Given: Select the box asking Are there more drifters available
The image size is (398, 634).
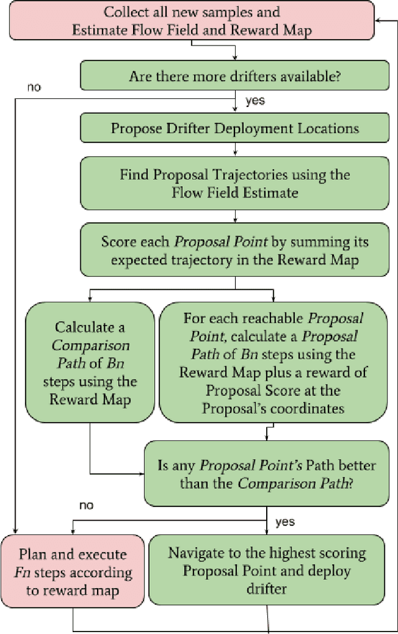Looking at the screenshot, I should (x=234, y=77).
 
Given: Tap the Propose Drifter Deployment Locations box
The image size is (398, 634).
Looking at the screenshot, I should (x=234, y=128).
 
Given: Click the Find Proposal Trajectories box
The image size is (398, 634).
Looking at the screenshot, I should (x=234, y=184).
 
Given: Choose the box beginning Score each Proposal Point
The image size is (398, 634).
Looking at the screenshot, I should (x=234, y=251).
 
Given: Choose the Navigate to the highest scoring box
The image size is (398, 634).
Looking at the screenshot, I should (x=266, y=570).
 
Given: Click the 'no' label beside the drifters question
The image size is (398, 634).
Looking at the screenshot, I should (x=34, y=87).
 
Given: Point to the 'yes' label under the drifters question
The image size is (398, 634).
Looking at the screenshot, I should (x=255, y=101).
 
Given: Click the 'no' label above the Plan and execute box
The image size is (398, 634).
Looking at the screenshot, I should (x=87, y=505).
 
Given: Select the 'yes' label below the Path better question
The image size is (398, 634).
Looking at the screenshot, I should (x=285, y=521).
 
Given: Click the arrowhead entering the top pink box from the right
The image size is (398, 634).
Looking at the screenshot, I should (x=379, y=20).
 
